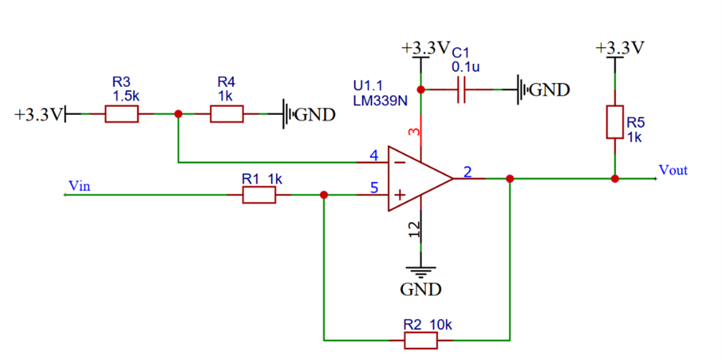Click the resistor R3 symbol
[121, 114]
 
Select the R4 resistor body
[226, 114]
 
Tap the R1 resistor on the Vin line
[259, 195]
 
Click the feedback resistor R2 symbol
[420, 340]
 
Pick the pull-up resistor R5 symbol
[614, 121]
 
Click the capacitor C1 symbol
[460, 90]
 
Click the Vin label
[78, 185]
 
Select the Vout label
[673, 170]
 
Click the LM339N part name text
[381, 101]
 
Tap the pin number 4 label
[374, 155]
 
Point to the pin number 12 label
[413, 229]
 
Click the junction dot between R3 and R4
[178, 114]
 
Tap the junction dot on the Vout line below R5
[614, 178]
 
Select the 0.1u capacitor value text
[466, 67]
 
